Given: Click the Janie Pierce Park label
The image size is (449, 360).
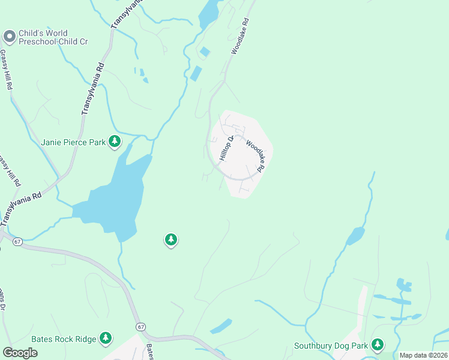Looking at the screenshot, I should (74, 142).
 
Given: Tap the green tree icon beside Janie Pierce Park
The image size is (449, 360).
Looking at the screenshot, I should (115, 142).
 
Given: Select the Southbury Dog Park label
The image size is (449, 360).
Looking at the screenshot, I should (330, 346).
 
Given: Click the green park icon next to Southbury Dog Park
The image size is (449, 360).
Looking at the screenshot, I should (377, 345).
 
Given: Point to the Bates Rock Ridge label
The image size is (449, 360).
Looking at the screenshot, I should (64, 339).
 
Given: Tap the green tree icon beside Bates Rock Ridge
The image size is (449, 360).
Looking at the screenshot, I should (106, 338).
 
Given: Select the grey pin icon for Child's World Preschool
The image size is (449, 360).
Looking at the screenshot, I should (9, 37).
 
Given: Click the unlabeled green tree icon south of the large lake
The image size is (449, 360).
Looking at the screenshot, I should (171, 241).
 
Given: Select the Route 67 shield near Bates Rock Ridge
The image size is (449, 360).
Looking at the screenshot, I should (140, 326).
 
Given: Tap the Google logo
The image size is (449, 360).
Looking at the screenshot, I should (20, 353).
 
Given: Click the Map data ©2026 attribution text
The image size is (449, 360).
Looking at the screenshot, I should (423, 355).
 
